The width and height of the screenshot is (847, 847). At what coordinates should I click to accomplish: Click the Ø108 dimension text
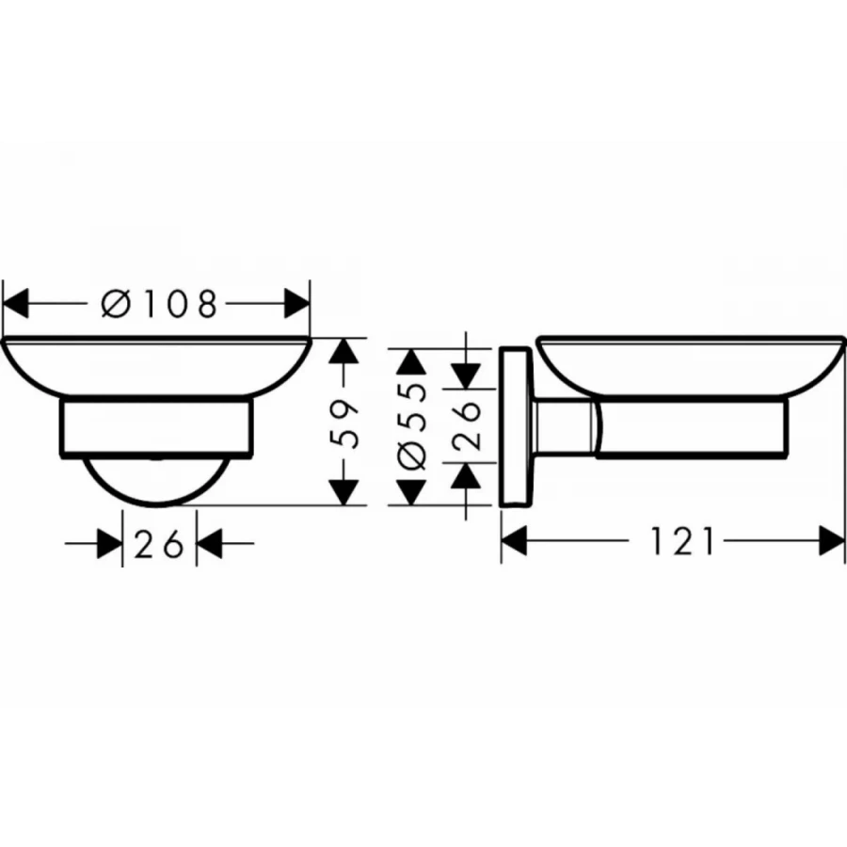tap(158, 304)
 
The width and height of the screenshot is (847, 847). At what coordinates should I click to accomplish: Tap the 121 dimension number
tap(681, 541)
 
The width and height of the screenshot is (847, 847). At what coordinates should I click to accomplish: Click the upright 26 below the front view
tap(158, 544)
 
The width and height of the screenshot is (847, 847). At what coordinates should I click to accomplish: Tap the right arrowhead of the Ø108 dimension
tap(297, 304)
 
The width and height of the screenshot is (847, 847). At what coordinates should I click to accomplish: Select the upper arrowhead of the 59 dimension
tap(345, 351)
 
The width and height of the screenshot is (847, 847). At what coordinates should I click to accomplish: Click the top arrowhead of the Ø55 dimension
tap(411, 361)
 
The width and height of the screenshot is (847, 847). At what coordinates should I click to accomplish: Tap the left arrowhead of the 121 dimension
tap(514, 541)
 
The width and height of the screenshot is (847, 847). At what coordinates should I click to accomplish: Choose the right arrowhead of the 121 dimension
tap(832, 541)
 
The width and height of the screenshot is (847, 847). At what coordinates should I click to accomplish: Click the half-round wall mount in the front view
tap(157, 480)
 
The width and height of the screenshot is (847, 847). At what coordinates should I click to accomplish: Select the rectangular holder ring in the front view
tap(157, 429)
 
